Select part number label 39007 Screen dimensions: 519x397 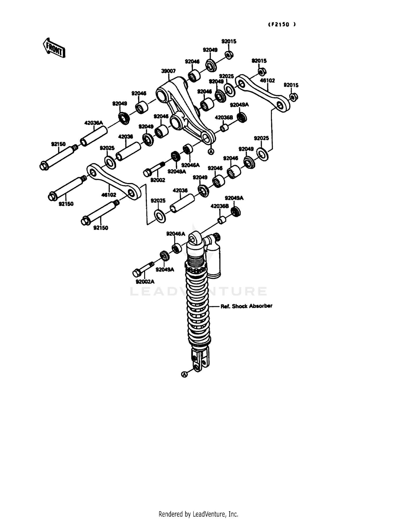coord(168,71)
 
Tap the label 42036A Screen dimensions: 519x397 coord(93,123)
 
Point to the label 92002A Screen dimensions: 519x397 coord(145,282)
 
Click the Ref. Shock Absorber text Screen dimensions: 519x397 coord(246,306)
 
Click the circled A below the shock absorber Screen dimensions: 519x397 coord(184,374)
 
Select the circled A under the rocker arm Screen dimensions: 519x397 coord(211,152)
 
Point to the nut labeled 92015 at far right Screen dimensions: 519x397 coord(294,97)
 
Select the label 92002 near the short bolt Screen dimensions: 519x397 coord(158,180)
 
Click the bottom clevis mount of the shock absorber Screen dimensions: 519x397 coord(200,359)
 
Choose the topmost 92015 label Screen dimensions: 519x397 coord(229,41)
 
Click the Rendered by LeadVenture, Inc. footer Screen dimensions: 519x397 coord(198,514)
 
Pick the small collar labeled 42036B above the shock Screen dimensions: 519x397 coord(222,220)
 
